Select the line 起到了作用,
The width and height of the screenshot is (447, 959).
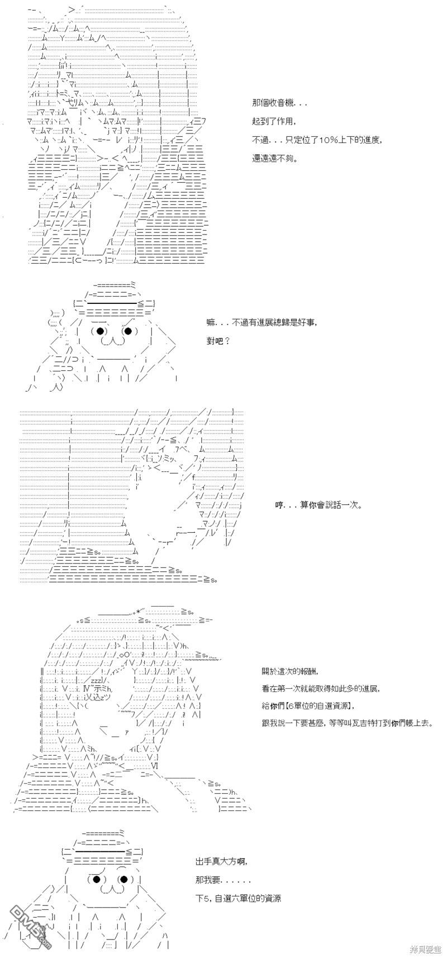click(x=271, y=122)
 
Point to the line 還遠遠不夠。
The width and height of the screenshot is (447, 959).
click(x=275, y=158)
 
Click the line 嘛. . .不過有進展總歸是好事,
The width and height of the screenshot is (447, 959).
click(x=261, y=323)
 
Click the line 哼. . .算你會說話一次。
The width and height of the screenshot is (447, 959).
click(x=318, y=505)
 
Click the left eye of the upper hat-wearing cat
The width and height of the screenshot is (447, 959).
click(x=101, y=331)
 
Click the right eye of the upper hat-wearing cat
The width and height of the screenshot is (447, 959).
click(x=127, y=331)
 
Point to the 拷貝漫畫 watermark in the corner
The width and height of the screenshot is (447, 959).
click(x=425, y=949)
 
